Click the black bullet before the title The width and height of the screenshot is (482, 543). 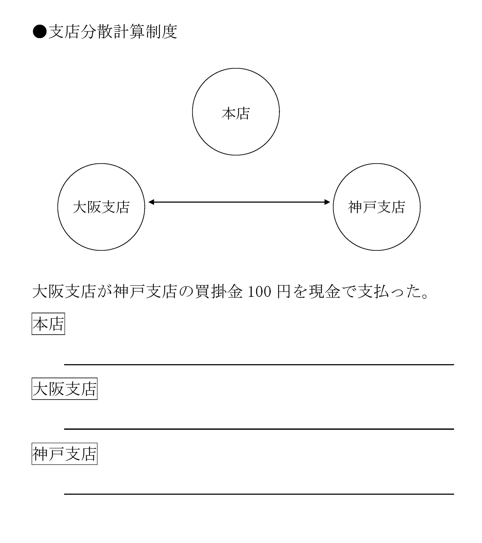point(40,32)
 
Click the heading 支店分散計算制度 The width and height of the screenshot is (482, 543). point(113,32)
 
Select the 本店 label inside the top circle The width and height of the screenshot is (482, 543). point(235,113)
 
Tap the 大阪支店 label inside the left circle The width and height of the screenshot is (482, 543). point(101,207)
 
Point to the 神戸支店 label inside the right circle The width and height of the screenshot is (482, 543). point(376,207)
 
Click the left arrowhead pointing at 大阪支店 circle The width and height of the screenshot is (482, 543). point(151,202)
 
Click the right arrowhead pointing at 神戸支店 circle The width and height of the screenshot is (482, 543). point(327,202)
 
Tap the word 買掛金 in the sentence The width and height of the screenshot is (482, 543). point(219,291)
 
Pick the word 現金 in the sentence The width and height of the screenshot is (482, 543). point(325,291)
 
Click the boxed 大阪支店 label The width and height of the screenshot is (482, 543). point(64,389)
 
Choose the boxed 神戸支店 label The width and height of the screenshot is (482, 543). point(64,454)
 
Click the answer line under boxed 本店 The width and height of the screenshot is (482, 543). point(259,365)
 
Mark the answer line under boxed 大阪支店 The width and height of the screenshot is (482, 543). point(259,429)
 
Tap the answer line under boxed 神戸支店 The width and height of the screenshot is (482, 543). point(259,494)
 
